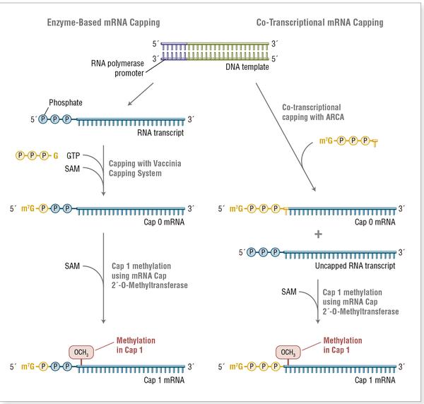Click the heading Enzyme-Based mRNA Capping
pos(100,23)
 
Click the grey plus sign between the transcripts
pos(317,233)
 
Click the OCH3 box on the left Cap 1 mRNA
pos(81,352)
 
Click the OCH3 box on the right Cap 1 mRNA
pos(287,352)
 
